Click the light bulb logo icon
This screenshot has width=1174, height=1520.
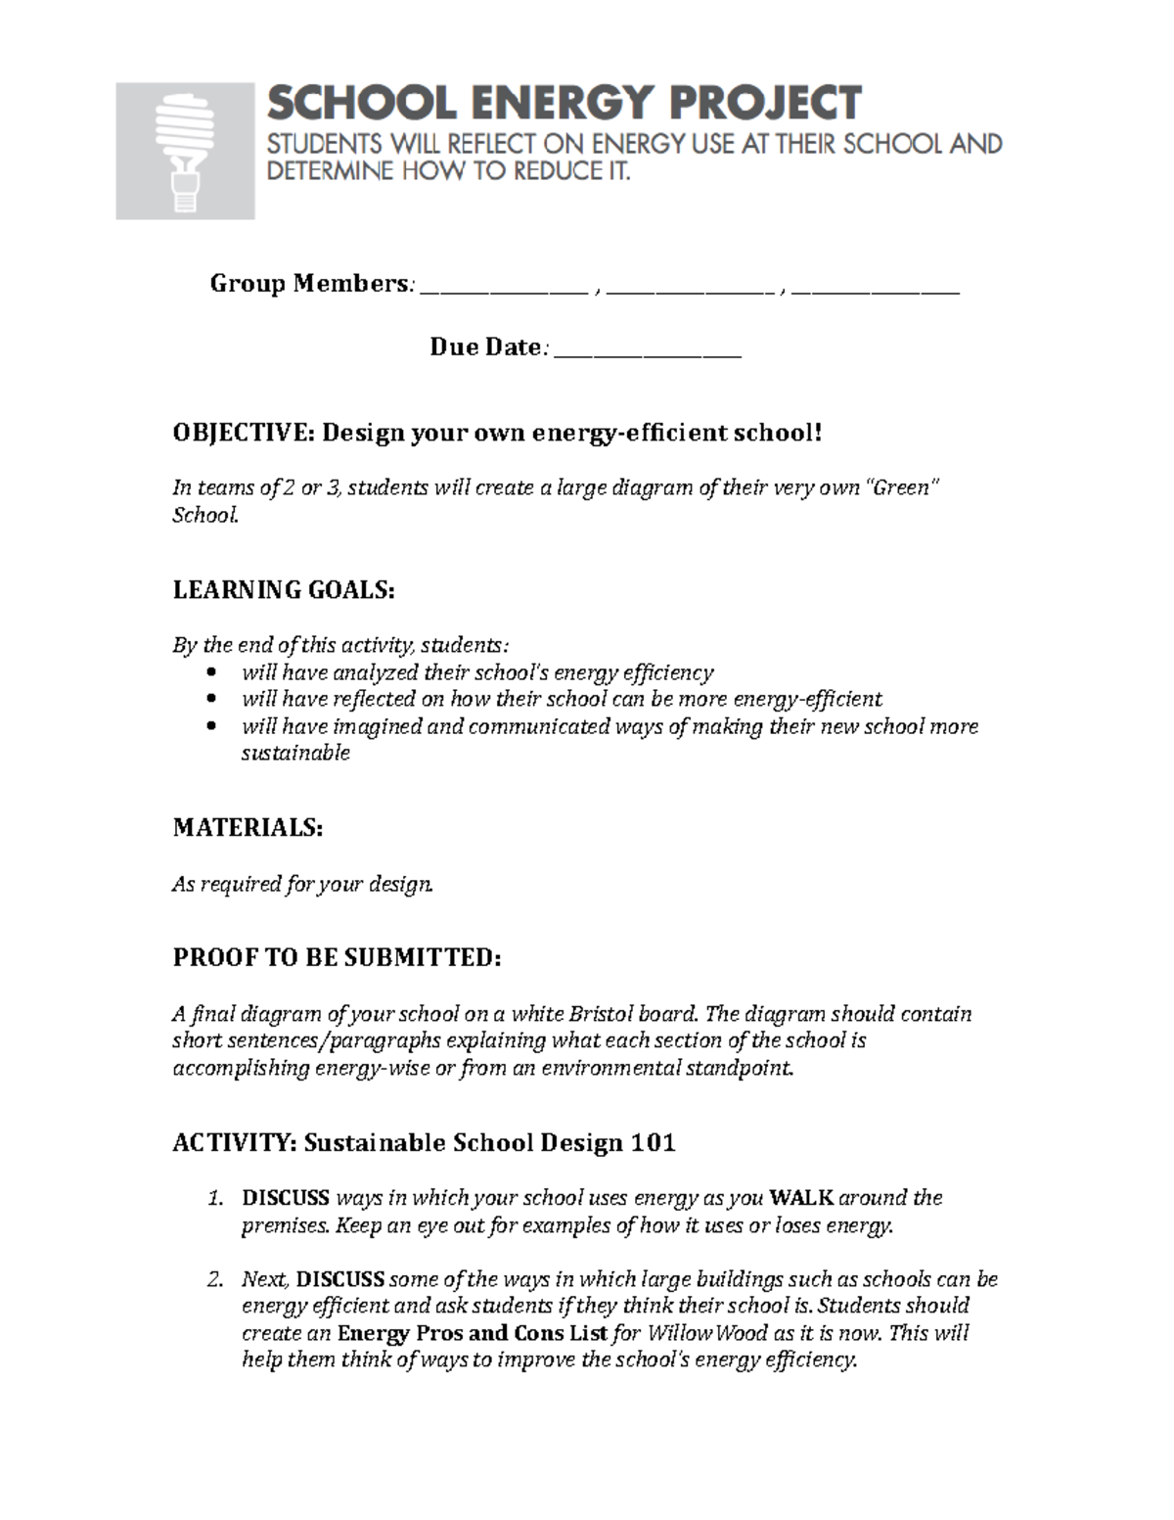(185, 151)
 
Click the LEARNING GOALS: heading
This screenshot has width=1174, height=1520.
(284, 590)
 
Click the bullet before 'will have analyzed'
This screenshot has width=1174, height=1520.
(215, 673)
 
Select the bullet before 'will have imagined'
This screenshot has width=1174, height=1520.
(215, 727)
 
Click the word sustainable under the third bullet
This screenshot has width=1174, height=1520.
(295, 754)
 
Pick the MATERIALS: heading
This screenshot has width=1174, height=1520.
(248, 828)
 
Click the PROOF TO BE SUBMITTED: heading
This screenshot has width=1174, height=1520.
(337, 958)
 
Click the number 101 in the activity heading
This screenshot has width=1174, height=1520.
(653, 1143)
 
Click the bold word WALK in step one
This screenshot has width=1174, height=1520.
(801, 1198)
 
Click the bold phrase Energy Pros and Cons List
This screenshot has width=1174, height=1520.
(473, 1334)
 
